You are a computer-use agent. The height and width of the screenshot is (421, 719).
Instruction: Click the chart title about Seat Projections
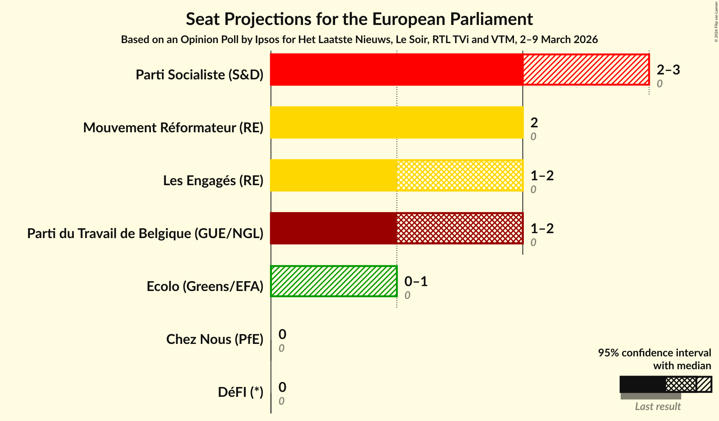click(359, 19)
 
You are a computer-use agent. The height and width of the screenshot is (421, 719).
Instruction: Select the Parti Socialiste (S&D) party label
click(199, 75)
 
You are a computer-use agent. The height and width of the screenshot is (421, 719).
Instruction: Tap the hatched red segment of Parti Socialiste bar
click(586, 70)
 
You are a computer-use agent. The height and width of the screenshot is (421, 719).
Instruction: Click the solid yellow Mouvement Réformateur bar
click(397, 122)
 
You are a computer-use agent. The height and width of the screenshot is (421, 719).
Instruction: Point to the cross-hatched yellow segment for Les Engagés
click(460, 175)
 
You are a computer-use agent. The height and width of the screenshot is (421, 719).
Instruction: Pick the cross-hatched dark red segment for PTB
click(460, 228)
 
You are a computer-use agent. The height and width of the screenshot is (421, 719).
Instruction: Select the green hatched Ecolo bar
click(334, 281)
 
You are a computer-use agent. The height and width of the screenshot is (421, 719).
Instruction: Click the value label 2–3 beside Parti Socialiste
click(668, 70)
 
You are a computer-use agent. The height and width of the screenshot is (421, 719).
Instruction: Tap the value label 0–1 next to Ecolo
click(416, 281)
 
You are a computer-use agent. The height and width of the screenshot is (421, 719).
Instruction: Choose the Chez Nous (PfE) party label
click(214, 339)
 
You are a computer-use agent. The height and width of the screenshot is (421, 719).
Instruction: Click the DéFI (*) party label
click(240, 392)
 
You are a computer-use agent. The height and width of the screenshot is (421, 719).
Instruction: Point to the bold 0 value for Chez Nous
click(282, 334)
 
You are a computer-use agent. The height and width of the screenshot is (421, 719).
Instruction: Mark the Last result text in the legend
click(658, 406)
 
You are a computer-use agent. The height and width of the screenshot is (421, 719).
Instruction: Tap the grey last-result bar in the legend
click(651, 396)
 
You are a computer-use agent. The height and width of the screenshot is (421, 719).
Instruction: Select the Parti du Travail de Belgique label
click(145, 234)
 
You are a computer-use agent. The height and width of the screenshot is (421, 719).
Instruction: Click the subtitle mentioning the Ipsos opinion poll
click(359, 40)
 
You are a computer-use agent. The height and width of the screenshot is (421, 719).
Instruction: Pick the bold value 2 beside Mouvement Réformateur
click(534, 122)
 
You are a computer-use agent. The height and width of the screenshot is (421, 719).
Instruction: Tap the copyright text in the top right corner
click(716, 21)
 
